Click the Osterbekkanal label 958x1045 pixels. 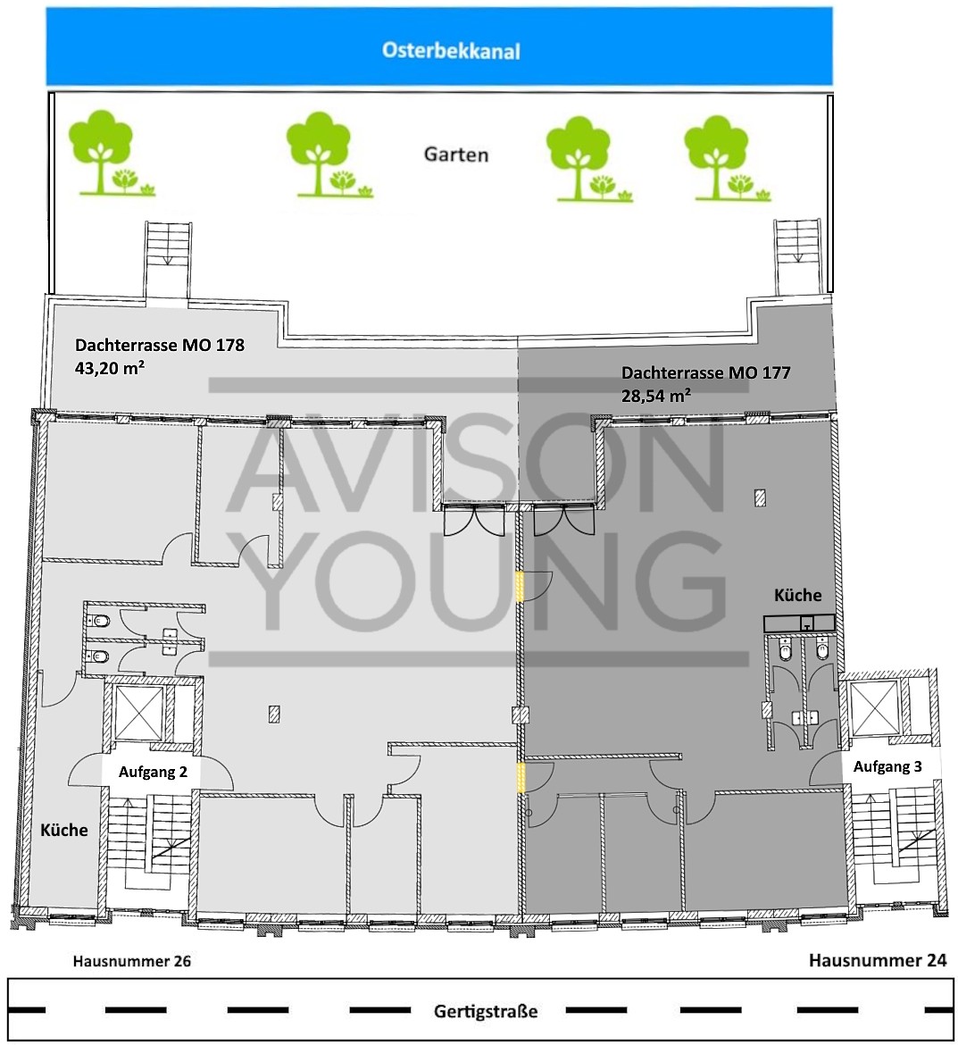click(x=451, y=51)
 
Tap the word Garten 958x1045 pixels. click(x=456, y=155)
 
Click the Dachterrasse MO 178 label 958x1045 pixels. click(x=160, y=346)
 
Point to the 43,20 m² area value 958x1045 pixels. click(x=110, y=367)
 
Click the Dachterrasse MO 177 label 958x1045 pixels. click(x=706, y=372)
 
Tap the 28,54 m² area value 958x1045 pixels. click(x=656, y=395)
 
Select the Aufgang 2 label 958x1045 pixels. click(x=154, y=772)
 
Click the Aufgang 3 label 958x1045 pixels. click(x=888, y=766)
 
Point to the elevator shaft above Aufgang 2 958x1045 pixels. click(x=139, y=713)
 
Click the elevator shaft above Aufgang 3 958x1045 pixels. click(x=875, y=708)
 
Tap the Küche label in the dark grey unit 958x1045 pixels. click(x=797, y=595)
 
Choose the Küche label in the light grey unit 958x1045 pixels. click(x=64, y=831)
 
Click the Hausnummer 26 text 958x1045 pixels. click(x=132, y=961)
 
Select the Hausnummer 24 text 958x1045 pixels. click(x=878, y=960)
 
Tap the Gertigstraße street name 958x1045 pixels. click(x=486, y=1012)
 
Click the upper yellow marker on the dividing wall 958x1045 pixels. click(x=521, y=587)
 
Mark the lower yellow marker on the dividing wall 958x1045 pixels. click(x=521, y=778)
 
